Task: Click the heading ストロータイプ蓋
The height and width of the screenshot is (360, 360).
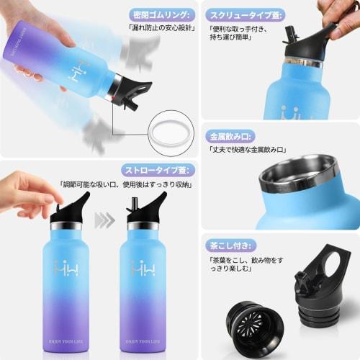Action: click(x=156, y=170)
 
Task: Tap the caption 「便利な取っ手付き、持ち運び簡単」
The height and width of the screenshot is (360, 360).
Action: click(x=242, y=37)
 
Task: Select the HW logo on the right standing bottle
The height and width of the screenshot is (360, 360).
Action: click(x=143, y=268)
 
